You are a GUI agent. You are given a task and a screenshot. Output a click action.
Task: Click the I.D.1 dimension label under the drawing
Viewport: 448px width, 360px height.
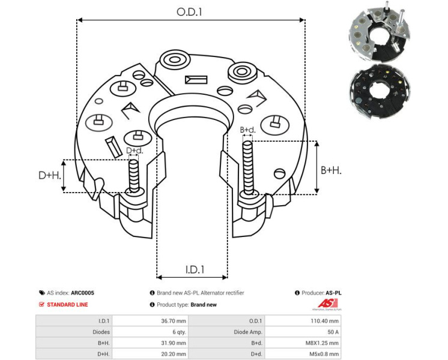pos(192,270)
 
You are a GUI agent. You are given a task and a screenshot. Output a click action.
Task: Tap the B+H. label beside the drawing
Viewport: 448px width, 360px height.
pos(331,170)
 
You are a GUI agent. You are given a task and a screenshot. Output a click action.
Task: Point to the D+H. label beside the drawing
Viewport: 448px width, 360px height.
pos(50,175)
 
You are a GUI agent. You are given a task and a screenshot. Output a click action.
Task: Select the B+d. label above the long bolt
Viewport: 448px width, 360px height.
pos(248,130)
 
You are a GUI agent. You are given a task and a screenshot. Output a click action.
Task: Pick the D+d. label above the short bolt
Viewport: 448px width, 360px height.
pos(134,151)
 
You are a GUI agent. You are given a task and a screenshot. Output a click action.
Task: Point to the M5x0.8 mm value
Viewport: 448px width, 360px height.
pos(324,353)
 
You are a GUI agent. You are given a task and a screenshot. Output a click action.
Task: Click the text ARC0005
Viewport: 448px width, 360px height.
pos(82,293)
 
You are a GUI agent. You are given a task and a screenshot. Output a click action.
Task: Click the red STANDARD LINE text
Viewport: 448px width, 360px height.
pos(67,304)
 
